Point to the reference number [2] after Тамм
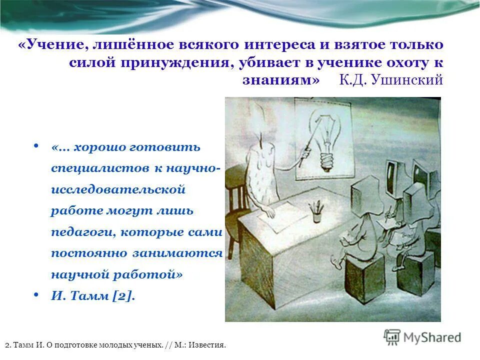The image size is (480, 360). [x=123, y=295]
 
